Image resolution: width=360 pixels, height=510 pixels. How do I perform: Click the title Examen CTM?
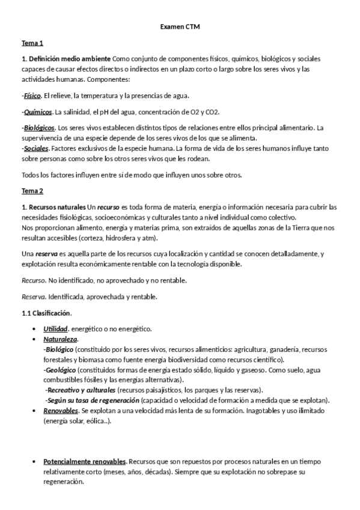pyautogui.click(x=180, y=27)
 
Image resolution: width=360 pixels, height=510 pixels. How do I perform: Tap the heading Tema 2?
pyautogui.click(x=32, y=191)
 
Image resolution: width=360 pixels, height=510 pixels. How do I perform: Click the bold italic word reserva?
pyautogui.click(x=47, y=254)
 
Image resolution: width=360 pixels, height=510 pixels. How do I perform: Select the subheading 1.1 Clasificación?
pyautogui.click(x=46, y=313)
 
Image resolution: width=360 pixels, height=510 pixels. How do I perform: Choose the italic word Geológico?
pyautogui.click(x=60, y=370)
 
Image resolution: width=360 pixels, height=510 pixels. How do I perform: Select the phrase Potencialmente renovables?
pyautogui.click(x=85, y=462)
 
